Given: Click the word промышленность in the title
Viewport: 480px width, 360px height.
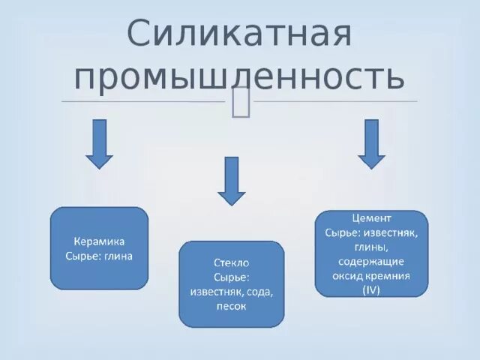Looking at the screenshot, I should pos(240,76).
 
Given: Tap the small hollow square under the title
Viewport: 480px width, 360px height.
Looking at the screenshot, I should pos(241,102).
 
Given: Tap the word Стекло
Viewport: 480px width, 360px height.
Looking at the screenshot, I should pos(231,263).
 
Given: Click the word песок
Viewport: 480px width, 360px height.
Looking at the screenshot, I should pos(231,306).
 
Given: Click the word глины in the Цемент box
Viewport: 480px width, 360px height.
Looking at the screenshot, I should pos(371,247).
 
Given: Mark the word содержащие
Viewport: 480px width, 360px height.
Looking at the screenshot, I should pos(371,261).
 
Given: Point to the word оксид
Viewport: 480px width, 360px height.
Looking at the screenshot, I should pos(350,275).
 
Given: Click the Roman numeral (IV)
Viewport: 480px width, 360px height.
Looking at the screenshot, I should pos(371,289).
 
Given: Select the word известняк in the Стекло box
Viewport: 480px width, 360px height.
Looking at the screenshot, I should pos(211,292).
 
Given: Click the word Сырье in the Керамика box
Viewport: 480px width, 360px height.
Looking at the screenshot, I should pos(81,256).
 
